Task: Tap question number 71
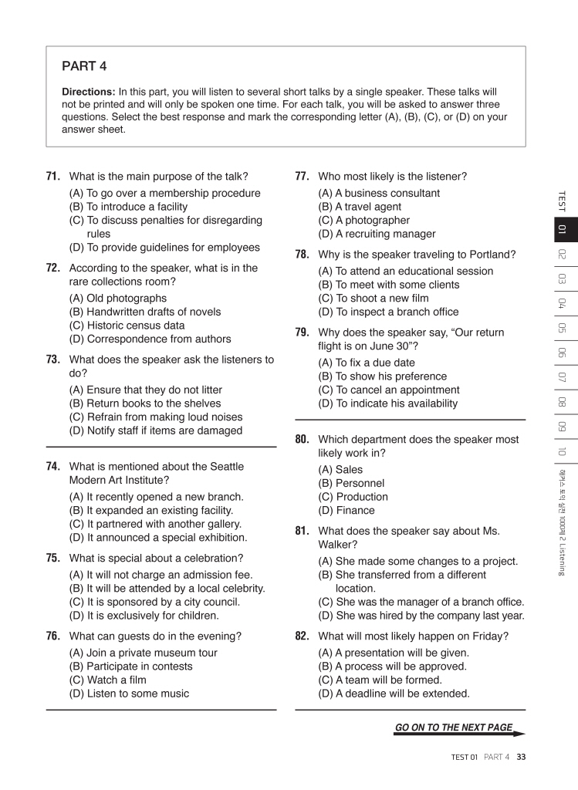53,177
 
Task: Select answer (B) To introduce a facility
128,207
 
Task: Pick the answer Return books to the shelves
145,403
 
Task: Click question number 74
53,467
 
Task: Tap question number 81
303,531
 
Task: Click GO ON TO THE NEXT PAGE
454,728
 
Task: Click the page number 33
522,757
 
